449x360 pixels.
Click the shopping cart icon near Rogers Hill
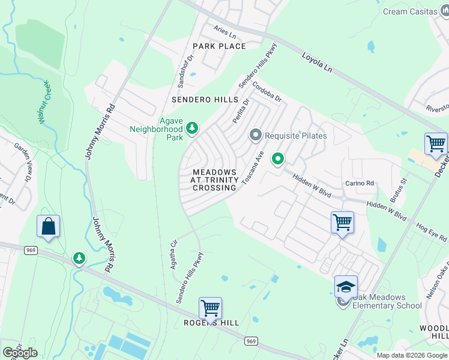coord(210,308)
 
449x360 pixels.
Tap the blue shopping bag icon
coord(48,226)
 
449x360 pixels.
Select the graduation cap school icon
coord(346,286)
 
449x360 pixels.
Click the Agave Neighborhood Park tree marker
coord(192,127)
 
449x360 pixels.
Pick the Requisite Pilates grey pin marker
coord(256,135)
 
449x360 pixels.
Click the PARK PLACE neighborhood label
coord(219,46)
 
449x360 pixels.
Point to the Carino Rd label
coord(360,183)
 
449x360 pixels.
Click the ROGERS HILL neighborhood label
coord(211,323)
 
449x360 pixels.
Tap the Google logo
coord(20,353)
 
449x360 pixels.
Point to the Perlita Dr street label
coord(241,111)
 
